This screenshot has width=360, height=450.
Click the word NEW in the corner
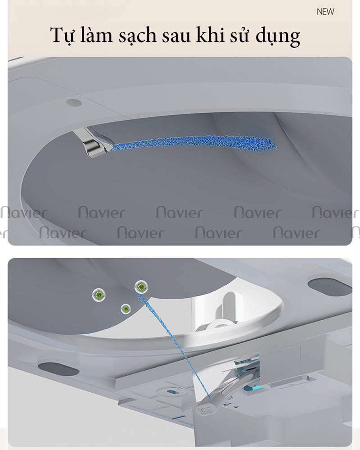tap(325, 12)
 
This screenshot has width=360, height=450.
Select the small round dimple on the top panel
tap(74, 102)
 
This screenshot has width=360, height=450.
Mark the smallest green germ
tap(126, 309)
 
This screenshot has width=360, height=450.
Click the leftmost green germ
tap(99, 295)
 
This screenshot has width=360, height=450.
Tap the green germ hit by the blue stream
tap(141, 286)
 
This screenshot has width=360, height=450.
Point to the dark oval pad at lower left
tap(58, 368)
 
